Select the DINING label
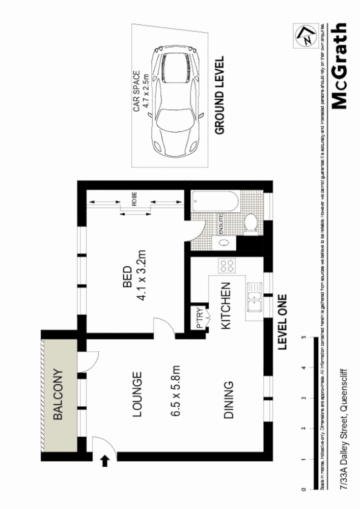point(229,400)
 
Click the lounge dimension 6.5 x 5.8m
point(177,395)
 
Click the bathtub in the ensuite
point(214,204)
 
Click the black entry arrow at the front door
point(105,461)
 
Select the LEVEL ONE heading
point(283,322)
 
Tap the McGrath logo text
point(340,66)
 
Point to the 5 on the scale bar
point(304,337)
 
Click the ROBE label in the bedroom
point(134,201)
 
